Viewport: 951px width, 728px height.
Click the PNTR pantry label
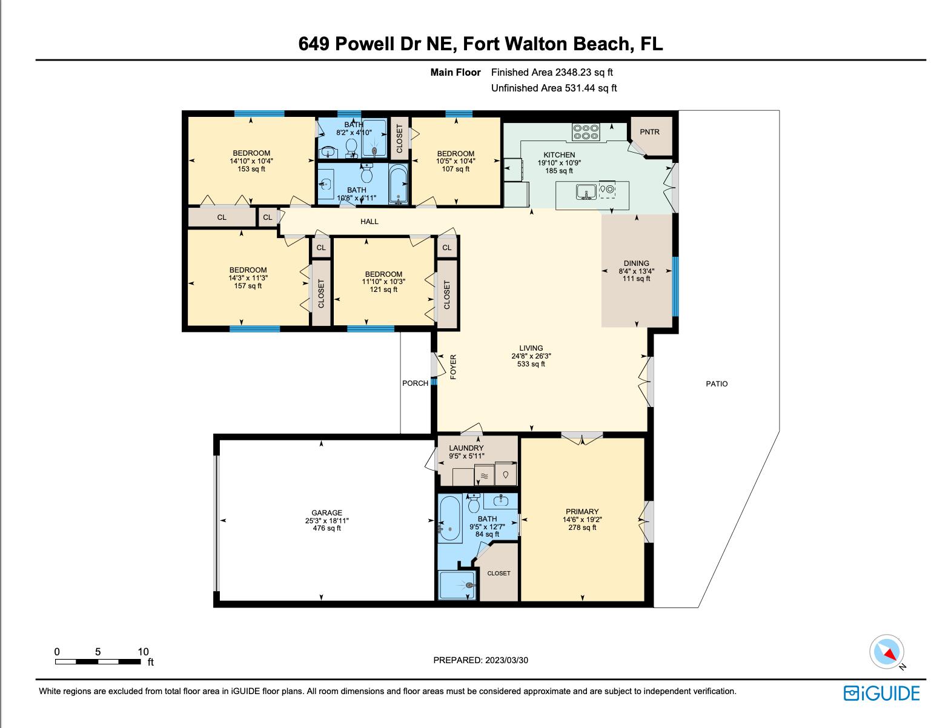click(649, 132)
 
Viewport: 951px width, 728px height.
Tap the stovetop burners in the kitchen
click(586, 132)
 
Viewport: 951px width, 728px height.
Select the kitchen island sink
click(585, 193)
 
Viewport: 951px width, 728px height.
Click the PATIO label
click(717, 384)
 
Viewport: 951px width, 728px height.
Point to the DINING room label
click(636, 263)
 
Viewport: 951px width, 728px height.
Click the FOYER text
click(453, 367)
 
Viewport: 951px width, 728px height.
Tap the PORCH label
click(415, 383)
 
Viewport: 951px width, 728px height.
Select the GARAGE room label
click(326, 513)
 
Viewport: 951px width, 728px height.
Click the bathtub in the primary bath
click(449, 518)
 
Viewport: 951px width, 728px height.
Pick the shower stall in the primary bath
click(457, 585)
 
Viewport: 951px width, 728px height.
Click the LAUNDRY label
click(466, 448)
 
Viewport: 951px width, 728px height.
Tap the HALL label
click(369, 222)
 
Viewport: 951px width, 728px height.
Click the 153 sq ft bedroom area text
click(251, 169)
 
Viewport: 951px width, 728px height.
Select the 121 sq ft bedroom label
click(383, 290)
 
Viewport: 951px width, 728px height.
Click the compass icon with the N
click(887, 652)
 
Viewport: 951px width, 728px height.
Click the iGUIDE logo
click(881, 693)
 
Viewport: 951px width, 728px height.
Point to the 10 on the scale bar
click(143, 652)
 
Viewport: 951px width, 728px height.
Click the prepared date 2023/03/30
click(506, 660)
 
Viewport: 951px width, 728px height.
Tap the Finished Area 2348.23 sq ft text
click(552, 72)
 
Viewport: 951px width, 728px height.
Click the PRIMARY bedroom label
click(582, 512)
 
